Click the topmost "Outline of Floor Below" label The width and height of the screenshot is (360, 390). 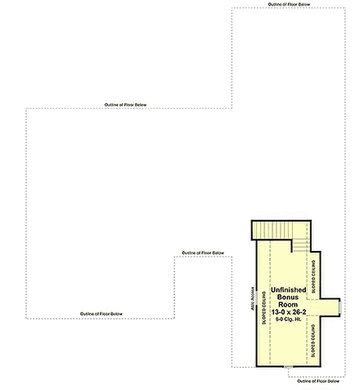289,4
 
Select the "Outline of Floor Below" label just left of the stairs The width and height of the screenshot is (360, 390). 203,253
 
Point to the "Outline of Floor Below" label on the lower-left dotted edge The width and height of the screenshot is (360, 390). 101,314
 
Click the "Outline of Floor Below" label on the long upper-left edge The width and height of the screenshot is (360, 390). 125,105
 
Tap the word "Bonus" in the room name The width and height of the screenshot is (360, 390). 289,298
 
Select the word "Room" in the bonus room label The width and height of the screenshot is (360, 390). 289,305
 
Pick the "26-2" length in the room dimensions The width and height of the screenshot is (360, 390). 299,312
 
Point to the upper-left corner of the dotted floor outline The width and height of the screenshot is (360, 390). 28,110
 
